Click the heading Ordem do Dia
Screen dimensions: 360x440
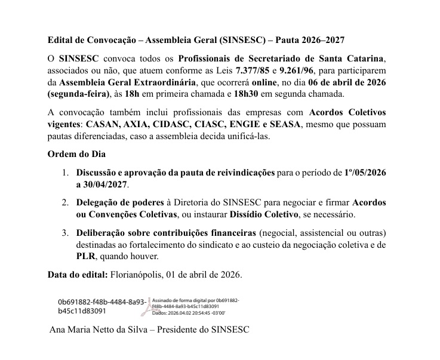tap(73, 153)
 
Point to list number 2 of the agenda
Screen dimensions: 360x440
tap(65, 202)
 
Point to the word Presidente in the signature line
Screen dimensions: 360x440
tap(185, 329)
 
